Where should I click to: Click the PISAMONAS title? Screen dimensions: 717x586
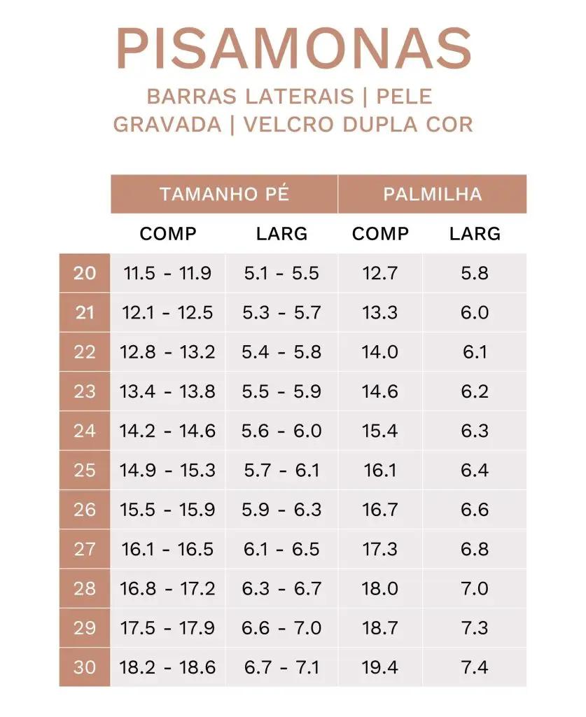tap(293, 50)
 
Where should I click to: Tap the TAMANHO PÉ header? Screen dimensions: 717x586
tap(224, 194)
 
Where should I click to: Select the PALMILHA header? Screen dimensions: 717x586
tap(432, 194)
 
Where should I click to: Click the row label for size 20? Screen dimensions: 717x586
tap(85, 272)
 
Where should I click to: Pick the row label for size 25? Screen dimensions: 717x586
tap(85, 470)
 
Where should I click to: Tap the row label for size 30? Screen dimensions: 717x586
tap(85, 667)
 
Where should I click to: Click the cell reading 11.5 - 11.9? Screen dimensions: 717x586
tap(167, 273)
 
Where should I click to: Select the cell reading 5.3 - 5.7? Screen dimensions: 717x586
tap(281, 312)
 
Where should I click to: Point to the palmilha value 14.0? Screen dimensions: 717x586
tap(380, 351)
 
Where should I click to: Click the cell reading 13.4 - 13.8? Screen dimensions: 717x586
tap(167, 391)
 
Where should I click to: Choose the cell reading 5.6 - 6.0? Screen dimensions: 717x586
tap(281, 431)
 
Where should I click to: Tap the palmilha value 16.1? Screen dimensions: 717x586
tap(380, 470)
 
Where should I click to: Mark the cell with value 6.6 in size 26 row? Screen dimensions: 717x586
tap(475, 509)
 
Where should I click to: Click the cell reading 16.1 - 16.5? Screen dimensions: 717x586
tap(167, 549)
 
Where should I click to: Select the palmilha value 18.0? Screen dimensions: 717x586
tap(380, 588)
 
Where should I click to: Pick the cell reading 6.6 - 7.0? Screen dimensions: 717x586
tap(281, 627)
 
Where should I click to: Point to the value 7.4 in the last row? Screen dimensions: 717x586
tap(475, 667)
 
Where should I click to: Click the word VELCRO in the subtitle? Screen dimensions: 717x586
tap(288, 124)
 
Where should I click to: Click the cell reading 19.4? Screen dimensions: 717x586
tap(380, 667)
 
